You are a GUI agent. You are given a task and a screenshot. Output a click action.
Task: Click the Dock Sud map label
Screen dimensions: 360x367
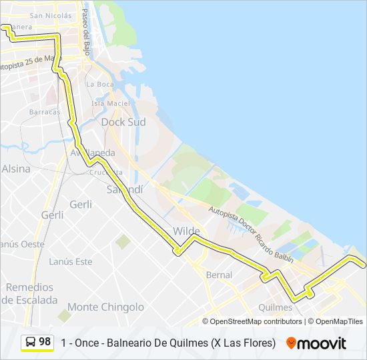(123, 122)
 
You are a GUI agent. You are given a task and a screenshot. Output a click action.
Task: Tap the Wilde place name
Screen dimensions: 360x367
(186, 231)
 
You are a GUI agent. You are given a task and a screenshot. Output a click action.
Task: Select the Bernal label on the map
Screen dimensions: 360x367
(219, 275)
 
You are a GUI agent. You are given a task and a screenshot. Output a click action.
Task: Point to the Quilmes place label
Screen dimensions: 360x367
(275, 307)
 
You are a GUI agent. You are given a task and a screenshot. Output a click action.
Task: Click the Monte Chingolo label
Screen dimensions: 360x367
(105, 307)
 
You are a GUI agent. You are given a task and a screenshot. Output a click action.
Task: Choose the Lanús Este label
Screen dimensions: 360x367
(71, 261)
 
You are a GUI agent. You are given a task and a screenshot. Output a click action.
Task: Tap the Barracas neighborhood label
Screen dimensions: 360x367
(45, 112)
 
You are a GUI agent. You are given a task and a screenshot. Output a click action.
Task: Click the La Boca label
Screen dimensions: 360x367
(100, 84)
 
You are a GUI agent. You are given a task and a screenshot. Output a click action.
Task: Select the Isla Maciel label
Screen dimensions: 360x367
(111, 103)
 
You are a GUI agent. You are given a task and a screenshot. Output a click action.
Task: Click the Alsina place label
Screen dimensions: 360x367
(16, 169)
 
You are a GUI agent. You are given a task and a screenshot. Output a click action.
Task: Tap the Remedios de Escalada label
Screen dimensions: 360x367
(29, 293)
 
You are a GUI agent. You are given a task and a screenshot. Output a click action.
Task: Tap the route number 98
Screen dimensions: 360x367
(45, 341)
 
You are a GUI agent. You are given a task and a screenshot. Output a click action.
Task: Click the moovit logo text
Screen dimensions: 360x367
(322, 343)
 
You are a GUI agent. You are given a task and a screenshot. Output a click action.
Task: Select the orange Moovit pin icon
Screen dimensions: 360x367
(291, 343)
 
